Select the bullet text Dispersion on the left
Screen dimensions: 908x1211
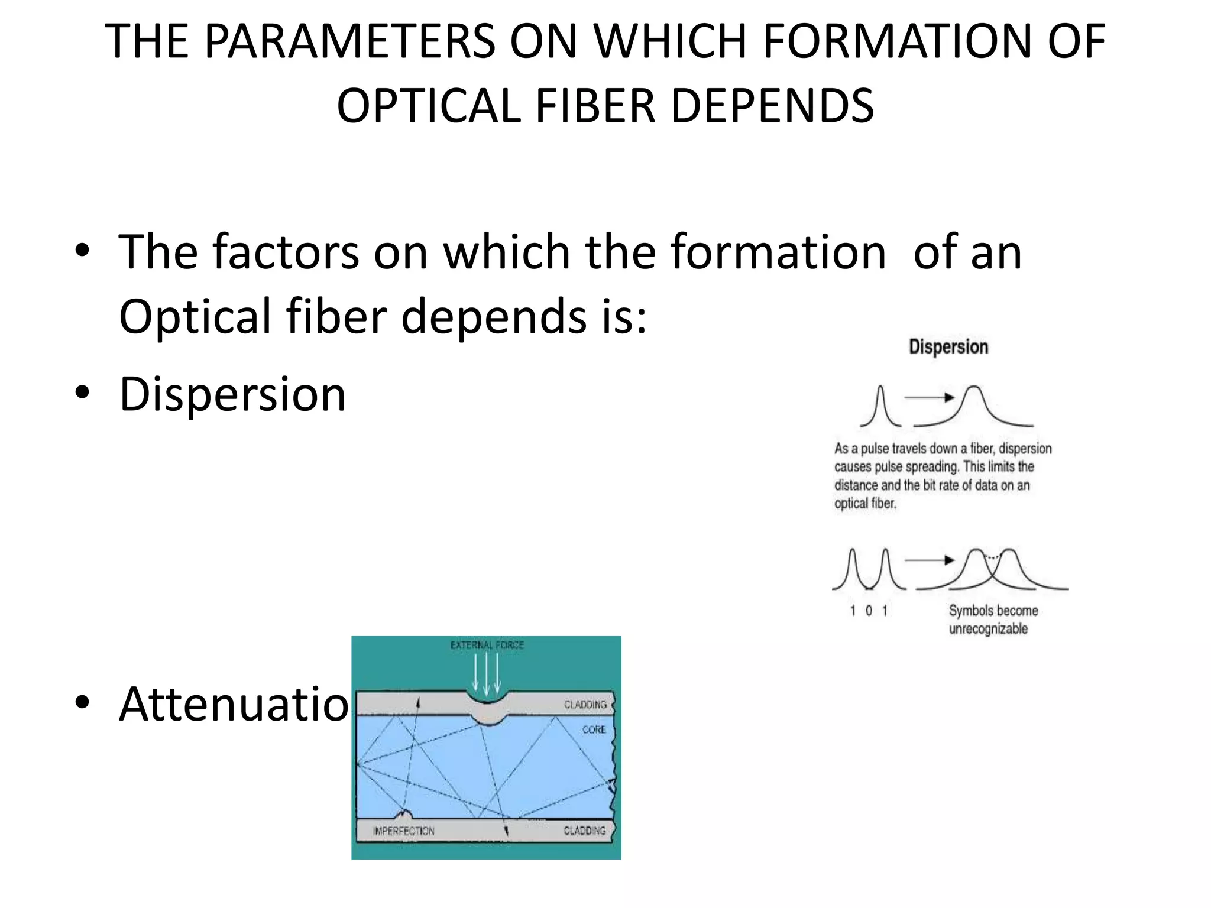(232, 394)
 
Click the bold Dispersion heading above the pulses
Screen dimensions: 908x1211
(948, 347)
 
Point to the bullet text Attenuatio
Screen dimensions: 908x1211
(234, 704)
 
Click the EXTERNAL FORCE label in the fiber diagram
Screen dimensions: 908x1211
(487, 645)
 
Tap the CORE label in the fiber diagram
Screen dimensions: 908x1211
(594, 730)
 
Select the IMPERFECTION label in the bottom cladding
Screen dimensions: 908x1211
(404, 831)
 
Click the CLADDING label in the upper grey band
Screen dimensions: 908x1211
(585, 705)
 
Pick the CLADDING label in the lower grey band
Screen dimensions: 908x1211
(584, 831)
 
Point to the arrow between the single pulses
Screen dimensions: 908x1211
(929, 397)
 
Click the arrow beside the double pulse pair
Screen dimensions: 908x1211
(929, 560)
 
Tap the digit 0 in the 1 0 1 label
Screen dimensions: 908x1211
(869, 611)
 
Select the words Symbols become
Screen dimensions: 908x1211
(993, 611)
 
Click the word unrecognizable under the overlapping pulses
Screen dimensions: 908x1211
(988, 629)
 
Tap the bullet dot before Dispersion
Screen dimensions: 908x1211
(82, 392)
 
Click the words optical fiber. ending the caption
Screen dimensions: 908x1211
(865, 504)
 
